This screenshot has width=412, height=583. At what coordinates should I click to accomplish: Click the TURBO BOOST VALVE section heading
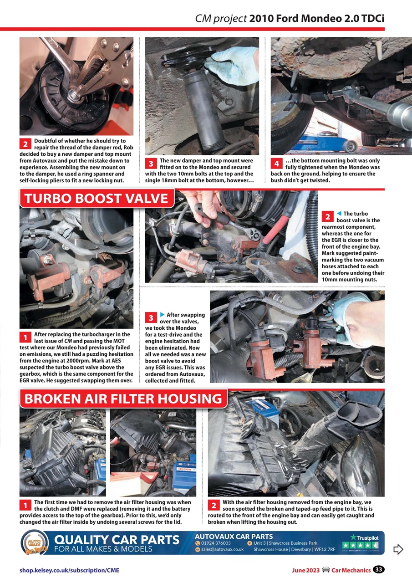pos(97,199)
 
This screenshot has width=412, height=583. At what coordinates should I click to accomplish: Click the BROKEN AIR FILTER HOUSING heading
pos(123,399)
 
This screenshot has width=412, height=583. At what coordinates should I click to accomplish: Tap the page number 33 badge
pos(379,570)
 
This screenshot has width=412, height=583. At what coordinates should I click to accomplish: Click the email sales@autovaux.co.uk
pos(222,549)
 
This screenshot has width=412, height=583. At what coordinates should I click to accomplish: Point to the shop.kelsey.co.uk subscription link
pos(70,570)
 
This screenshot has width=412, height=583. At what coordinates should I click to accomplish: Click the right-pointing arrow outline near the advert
pos(398,549)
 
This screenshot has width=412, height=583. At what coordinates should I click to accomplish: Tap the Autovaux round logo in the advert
pos(35,543)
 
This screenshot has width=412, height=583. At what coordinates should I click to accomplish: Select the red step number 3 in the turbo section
pos(151,317)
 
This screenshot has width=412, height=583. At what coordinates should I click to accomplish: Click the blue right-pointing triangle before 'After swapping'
pos(162,315)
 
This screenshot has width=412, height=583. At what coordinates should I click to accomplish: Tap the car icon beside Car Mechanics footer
pos(326,570)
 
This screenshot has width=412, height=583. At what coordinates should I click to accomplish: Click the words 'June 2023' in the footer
pos(306,570)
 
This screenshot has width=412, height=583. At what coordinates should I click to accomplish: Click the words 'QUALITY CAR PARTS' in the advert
pos(117,540)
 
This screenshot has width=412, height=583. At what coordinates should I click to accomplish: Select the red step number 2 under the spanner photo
pos(25,143)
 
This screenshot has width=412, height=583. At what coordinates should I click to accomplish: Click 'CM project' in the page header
pos(221,19)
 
